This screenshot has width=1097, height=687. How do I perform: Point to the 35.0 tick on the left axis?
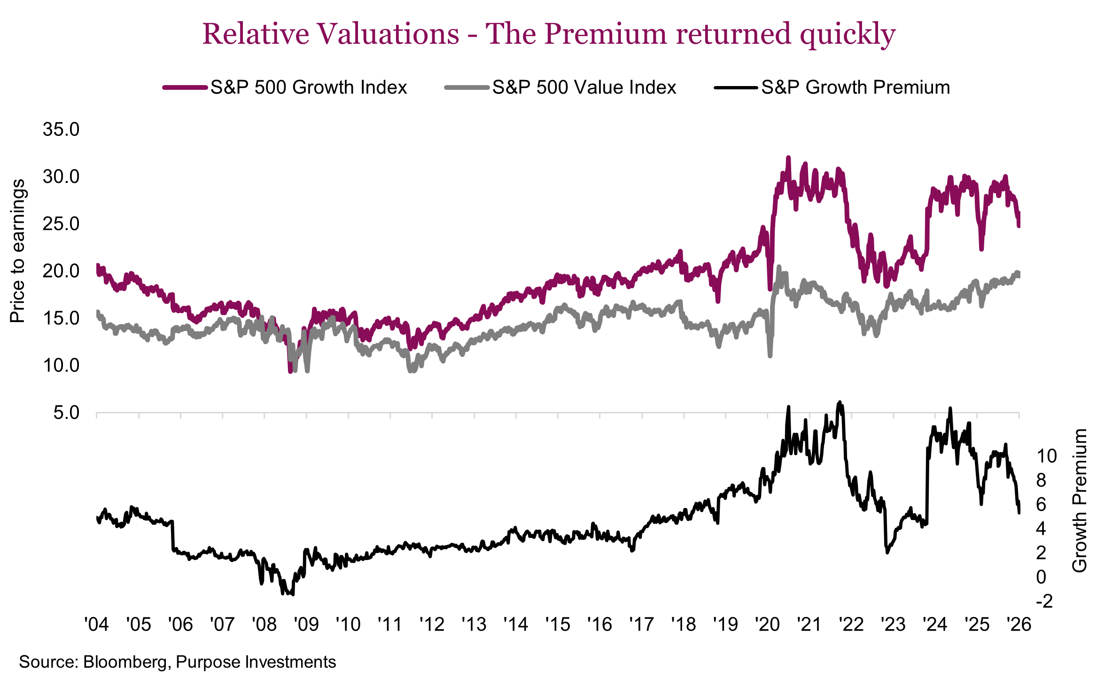coord(61,129)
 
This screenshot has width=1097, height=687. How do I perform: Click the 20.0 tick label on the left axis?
coord(61,271)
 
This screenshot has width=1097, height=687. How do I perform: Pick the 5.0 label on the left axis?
coord(66,413)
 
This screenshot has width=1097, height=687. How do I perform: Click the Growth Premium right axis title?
coord(1080,500)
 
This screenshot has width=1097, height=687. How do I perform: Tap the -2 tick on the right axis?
coord(1044,601)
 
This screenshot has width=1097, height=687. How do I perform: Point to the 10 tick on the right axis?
coord(1046,456)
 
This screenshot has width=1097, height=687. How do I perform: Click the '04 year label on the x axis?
coord(96,624)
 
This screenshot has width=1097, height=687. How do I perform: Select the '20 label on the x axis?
coord(767,624)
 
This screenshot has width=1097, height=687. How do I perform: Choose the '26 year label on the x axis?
coord(1019,624)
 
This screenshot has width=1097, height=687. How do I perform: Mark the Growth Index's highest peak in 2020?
coord(788,158)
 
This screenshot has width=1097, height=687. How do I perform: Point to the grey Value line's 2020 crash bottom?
coord(770,356)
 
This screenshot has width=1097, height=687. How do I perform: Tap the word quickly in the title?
coord(848,34)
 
